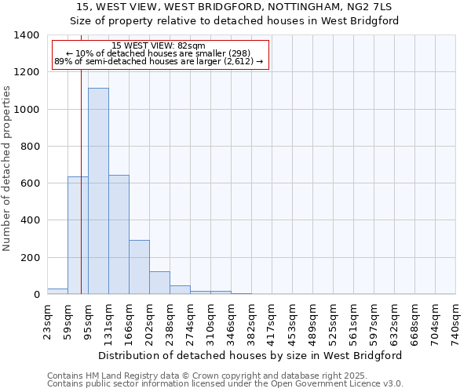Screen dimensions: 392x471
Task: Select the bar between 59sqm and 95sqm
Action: pos(78,235)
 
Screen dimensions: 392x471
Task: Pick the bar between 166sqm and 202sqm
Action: pos(139,267)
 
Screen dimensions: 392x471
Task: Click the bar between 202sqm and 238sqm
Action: pos(159,283)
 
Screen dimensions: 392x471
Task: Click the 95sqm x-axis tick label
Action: pos(88,318)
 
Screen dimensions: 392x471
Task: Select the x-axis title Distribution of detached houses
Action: pos(251,355)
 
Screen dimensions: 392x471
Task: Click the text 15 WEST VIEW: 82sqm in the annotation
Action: pos(159,46)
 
